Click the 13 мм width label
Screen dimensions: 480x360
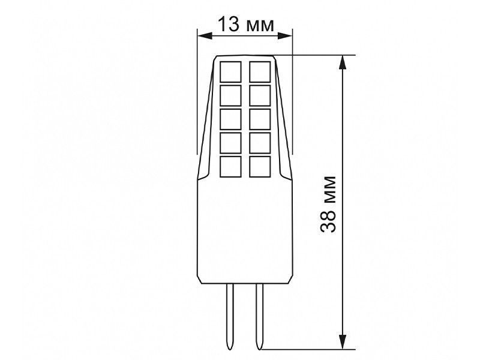(246, 25)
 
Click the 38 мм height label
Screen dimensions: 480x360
(328, 205)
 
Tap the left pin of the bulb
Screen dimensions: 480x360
(230, 316)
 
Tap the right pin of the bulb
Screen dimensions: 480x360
(260, 316)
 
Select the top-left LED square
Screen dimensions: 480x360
(230, 71)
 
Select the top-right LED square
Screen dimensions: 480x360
(260, 71)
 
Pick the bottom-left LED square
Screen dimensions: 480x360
(230, 167)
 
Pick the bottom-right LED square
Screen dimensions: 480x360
(260, 167)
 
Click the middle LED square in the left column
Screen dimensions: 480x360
(230, 119)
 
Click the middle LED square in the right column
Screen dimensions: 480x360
(260, 119)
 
